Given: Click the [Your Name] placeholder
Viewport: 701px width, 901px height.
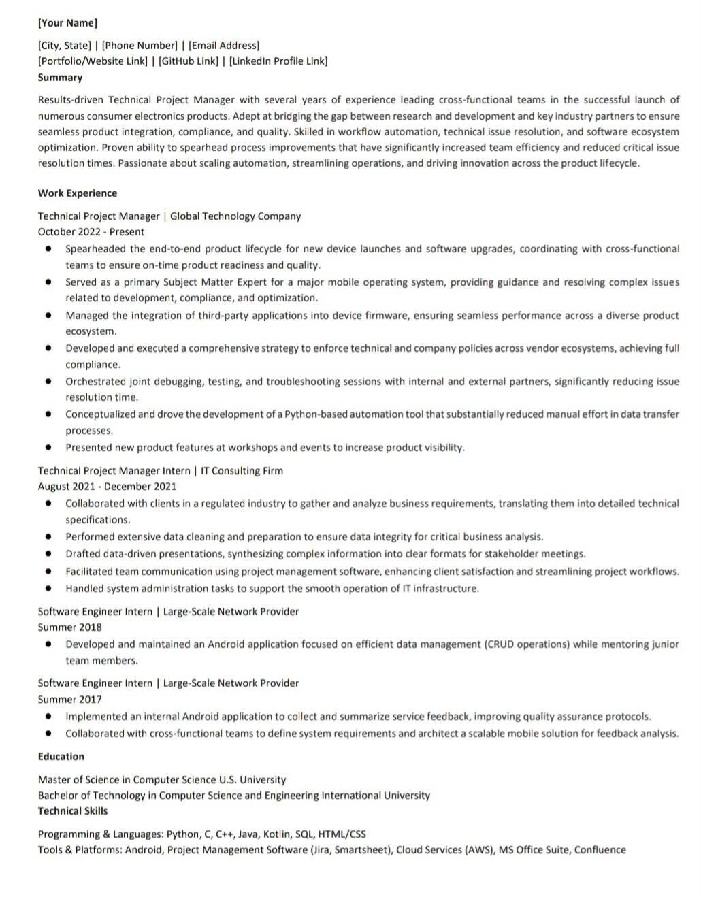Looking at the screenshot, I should [x=67, y=23].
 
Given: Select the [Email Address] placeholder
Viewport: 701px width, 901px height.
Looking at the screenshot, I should [x=224, y=46].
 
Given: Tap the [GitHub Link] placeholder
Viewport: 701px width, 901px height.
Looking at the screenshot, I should [x=189, y=61].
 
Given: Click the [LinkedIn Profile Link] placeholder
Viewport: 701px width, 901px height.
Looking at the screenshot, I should [x=278, y=61].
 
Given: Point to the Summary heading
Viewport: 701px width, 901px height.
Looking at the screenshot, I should [x=60, y=78].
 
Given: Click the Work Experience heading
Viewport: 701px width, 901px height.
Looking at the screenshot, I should [x=77, y=193].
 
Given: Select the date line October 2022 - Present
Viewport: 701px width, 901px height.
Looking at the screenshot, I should [x=91, y=232].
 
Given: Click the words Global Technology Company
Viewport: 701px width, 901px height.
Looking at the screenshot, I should [x=235, y=216].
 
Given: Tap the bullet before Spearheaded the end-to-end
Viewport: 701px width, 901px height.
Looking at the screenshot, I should [x=48, y=249].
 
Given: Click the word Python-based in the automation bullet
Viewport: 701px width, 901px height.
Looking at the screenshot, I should [x=315, y=414].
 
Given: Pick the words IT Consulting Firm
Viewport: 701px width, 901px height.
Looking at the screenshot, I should [x=242, y=471].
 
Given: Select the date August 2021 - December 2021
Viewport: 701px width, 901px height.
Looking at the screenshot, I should [x=107, y=487].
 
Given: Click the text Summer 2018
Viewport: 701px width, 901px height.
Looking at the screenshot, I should [x=69, y=627].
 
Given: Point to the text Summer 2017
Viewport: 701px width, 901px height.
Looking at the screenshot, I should [x=69, y=700].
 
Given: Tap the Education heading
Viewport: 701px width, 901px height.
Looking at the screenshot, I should [x=61, y=757].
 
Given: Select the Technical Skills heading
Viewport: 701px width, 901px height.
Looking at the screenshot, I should [x=73, y=811].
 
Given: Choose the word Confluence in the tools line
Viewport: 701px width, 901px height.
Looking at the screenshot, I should [x=600, y=850].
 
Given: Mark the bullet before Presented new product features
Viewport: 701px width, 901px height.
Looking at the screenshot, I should [x=48, y=448].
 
